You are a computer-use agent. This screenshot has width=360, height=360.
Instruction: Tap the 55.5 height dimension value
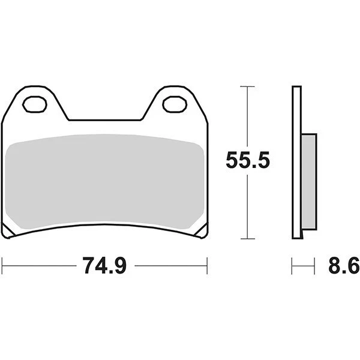tap(248, 161)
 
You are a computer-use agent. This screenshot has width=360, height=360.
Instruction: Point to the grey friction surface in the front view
tap(105, 180)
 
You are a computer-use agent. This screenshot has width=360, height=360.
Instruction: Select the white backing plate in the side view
tap(295, 162)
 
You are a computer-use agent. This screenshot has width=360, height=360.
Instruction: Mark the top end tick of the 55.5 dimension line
tap(248, 87)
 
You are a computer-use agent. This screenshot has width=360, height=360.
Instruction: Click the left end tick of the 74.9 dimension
tap(3, 265)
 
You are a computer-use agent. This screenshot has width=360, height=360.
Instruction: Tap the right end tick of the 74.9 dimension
tap(207, 265)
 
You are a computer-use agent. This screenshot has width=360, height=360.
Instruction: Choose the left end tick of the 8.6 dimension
tap(292, 265)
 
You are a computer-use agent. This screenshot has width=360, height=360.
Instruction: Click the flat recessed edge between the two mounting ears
tap(105, 120)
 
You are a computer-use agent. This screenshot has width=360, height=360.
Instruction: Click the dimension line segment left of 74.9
tap(42, 265)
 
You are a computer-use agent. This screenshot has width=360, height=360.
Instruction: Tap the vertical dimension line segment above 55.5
tap(248, 117)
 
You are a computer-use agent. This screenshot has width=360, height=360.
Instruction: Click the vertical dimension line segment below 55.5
tap(248, 207)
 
